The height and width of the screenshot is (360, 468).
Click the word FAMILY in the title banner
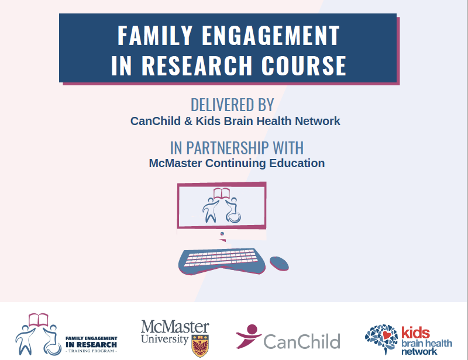click(154, 36)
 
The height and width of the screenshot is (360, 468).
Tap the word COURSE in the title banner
click(304, 65)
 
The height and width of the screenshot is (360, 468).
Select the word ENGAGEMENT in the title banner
click(271, 36)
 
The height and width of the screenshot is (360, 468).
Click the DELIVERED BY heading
click(232, 105)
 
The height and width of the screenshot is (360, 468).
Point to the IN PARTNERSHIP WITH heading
click(237, 148)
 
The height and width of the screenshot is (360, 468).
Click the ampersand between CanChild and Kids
click(188, 121)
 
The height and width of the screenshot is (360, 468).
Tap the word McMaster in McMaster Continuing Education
click(175, 163)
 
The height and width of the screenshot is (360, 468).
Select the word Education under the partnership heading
click(297, 163)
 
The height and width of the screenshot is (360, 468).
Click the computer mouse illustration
click(279, 264)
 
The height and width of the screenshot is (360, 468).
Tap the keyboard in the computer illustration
click(222, 262)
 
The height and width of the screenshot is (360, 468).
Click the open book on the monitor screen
click(221, 193)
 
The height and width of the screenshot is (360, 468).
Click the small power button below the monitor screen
click(222, 234)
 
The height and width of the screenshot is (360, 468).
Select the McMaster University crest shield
click(200, 346)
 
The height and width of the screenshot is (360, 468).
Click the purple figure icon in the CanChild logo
click(248, 336)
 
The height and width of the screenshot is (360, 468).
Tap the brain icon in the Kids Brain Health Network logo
click(381, 338)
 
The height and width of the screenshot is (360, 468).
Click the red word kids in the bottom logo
click(415, 333)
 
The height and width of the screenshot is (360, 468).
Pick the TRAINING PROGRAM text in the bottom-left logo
click(91, 351)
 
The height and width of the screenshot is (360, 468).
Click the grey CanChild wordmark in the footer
click(302, 341)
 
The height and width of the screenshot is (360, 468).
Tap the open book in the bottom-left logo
click(38, 320)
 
